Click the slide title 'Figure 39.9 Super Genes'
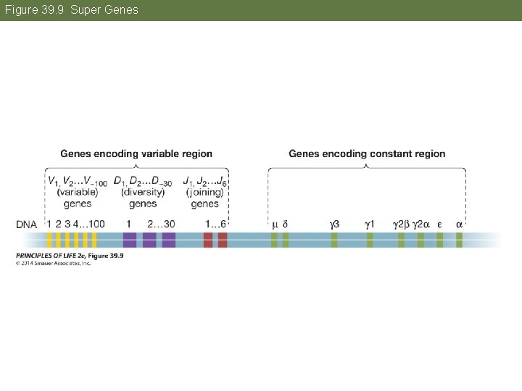tap(70, 10)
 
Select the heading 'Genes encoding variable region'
tap(136, 154)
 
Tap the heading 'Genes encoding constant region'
tap(367, 154)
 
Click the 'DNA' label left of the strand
tap(27, 224)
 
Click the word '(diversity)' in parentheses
tap(142, 193)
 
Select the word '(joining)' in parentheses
tap(205, 193)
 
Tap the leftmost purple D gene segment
tap(130, 240)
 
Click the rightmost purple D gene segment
tap(169, 240)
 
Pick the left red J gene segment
tap(208, 240)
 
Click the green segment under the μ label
tap(274, 240)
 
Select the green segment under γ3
tap(334, 240)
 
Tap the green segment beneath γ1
tap(370, 240)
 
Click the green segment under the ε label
tap(440, 240)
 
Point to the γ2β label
tap(400, 224)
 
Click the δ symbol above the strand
tap(285, 224)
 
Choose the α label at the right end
tap(459, 224)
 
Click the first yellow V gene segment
tap(49, 240)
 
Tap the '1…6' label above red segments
tap(215, 224)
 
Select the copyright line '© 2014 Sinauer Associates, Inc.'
tap(53, 263)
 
